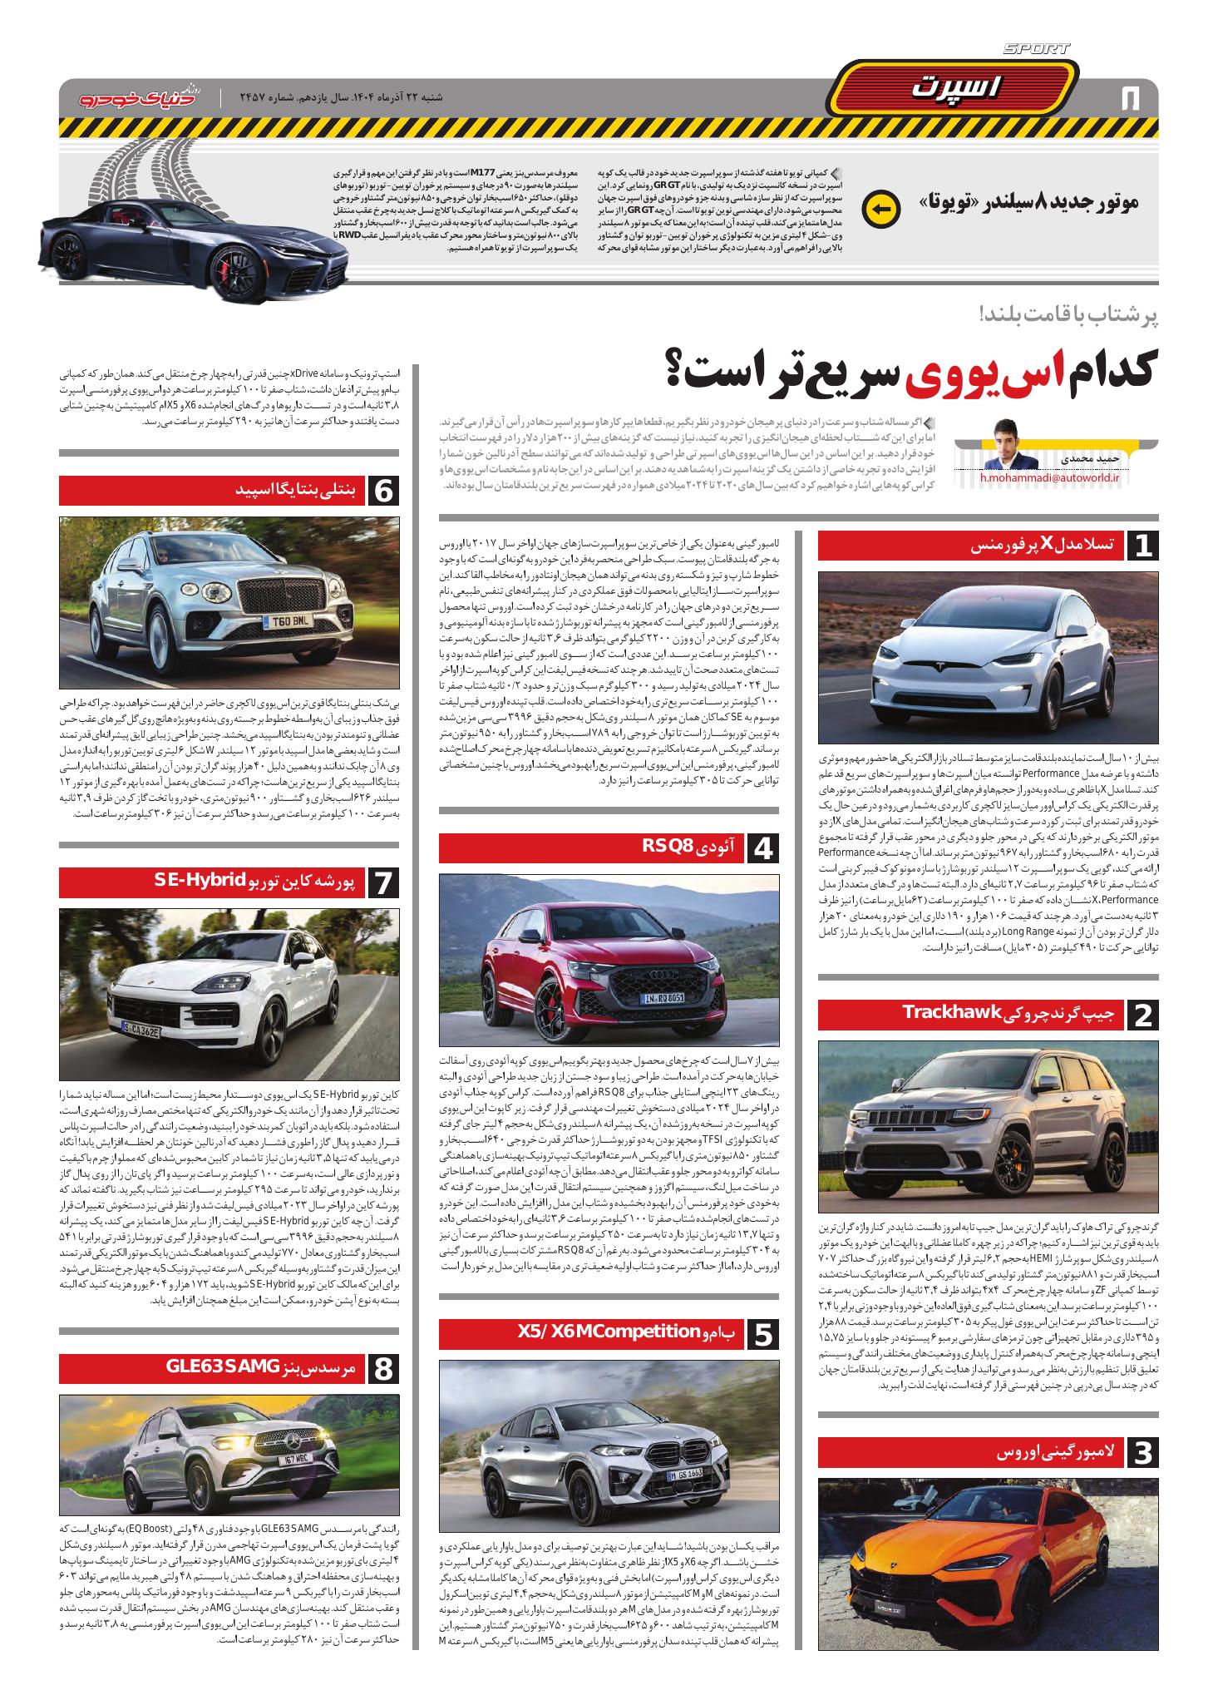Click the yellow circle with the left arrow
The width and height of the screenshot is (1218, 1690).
(881, 210)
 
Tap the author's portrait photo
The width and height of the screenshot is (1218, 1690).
(1009, 448)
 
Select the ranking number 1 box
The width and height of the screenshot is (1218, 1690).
(1142, 546)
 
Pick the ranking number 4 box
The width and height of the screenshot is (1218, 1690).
(764, 849)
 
